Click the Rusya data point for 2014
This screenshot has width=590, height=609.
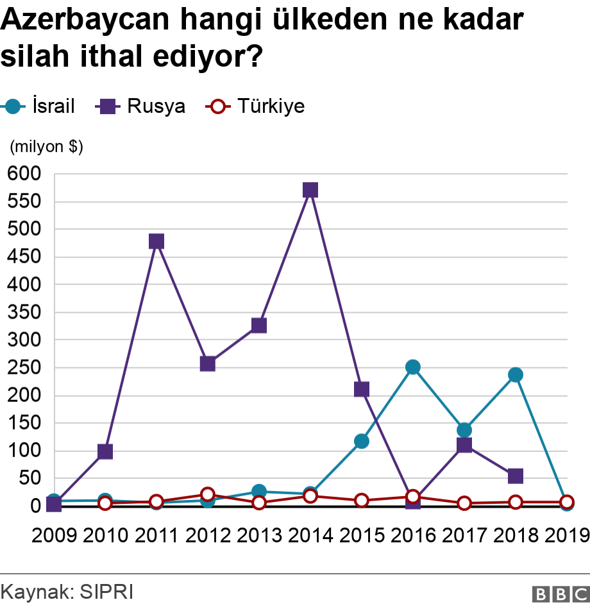[310, 190]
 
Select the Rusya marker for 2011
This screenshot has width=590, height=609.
[156, 241]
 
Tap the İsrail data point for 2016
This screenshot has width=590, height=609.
[413, 367]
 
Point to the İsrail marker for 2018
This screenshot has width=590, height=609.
[516, 374]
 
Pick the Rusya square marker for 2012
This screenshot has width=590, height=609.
[208, 363]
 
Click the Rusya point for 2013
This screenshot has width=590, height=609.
[259, 325]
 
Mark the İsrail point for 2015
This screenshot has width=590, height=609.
[362, 441]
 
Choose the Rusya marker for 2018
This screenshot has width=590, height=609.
[516, 476]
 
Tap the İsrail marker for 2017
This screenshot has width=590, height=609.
[464, 430]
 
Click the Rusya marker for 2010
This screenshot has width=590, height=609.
[105, 451]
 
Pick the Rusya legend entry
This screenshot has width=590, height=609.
[141, 106]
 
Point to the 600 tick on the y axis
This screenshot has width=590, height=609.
[24, 174]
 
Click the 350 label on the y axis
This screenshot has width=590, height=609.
[24, 312]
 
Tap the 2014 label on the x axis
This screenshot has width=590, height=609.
[310, 535]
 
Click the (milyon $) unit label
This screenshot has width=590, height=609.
[46, 146]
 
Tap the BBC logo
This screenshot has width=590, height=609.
[560, 594]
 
